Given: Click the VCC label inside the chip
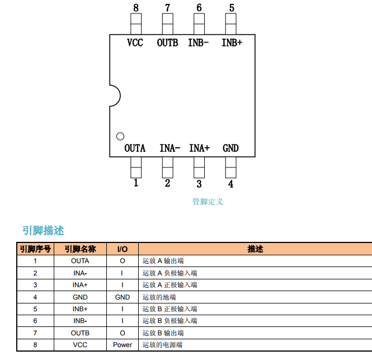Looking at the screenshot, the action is tap(135, 43).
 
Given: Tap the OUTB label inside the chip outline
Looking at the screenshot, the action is tap(167, 43).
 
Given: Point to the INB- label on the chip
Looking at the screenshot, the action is tap(199, 43).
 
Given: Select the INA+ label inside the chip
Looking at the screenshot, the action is tap(199, 148).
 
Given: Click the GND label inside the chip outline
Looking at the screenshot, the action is tap(230, 148).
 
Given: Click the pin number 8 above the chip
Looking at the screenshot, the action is tap(136, 8).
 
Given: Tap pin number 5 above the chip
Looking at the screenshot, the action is tap(232, 8).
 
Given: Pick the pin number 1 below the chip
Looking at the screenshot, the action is tap(136, 183).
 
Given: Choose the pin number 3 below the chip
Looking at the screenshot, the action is tap(199, 184).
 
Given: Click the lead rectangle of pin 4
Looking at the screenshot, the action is tap(231, 167).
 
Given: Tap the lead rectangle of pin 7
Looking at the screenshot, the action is tap(168, 24).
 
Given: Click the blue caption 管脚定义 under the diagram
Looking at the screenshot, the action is tap(208, 202).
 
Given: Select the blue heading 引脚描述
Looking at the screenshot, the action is tap(43, 230).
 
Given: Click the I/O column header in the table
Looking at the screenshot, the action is tap(123, 249).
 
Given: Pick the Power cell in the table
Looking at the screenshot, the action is tap(123, 345).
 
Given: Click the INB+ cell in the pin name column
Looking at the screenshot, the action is tap(80, 309).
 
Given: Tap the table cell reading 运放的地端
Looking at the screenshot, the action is tap(159, 297).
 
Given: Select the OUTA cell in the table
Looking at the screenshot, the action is tap(80, 261).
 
